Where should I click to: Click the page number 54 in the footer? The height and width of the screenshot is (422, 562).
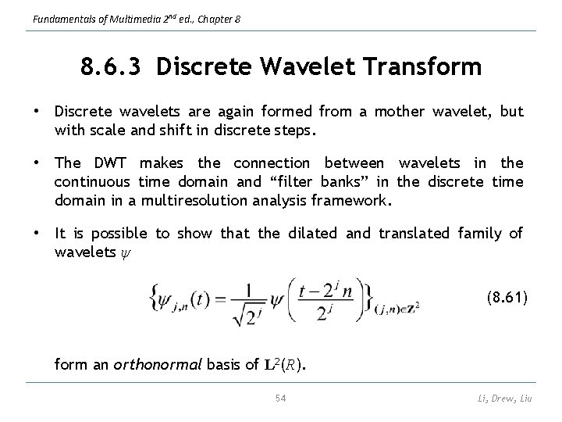pyautogui.click(x=282, y=399)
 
